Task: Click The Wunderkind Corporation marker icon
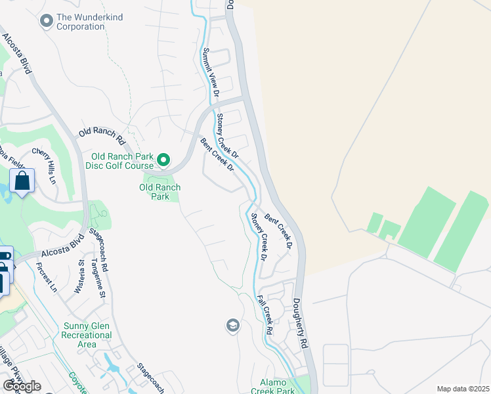coord(47,22)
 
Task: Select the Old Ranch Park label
coord(160,192)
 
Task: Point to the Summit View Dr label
coord(210,72)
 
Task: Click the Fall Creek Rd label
coord(265,316)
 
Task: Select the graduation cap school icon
coord(232,325)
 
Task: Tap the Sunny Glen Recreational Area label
coord(88,335)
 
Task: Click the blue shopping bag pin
coord(22,181)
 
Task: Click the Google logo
coord(22,386)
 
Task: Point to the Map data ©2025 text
coord(463,389)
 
